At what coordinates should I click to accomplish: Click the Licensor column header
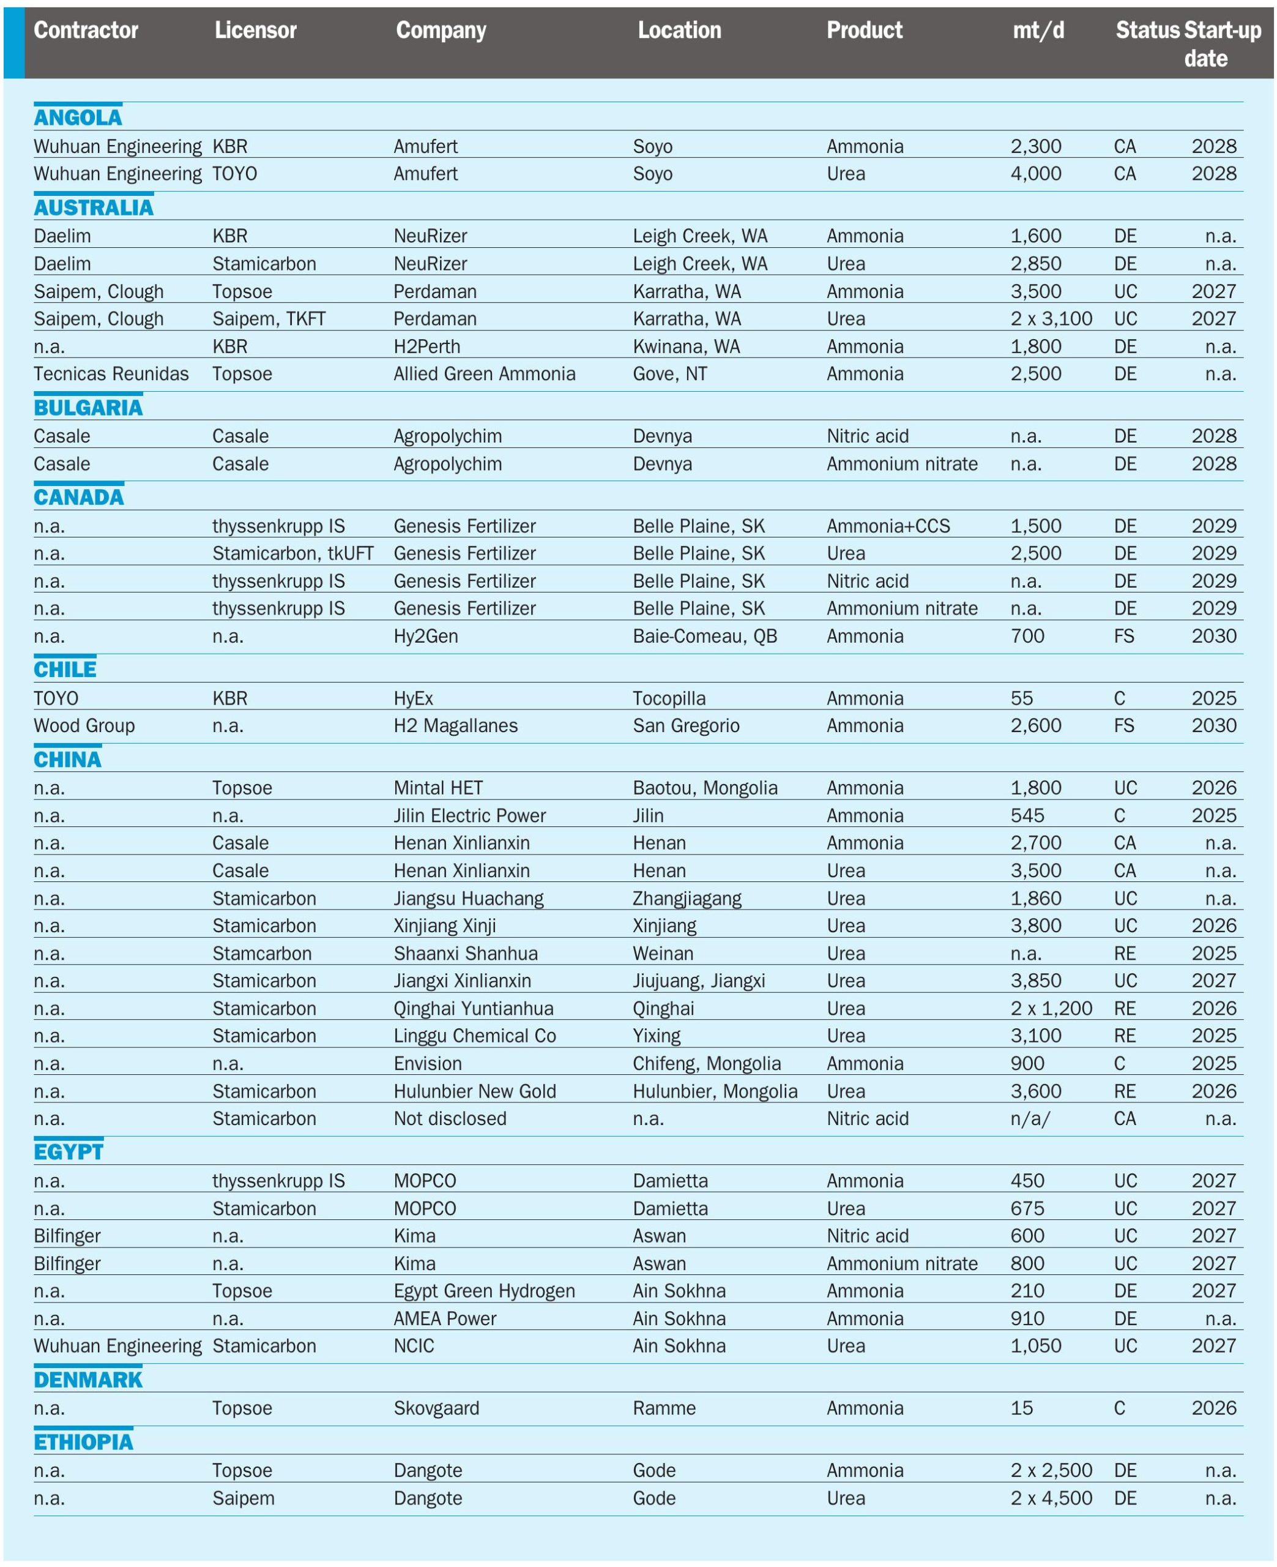[x=255, y=30]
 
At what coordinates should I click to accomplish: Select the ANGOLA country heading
[x=78, y=118]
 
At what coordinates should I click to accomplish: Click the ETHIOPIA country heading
[x=83, y=1441]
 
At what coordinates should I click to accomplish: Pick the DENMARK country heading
[x=87, y=1378]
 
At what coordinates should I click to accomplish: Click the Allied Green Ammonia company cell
[x=484, y=374]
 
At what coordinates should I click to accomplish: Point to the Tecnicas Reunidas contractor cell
[x=111, y=374]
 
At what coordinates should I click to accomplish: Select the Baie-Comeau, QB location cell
[x=705, y=635]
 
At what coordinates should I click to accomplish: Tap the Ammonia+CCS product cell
[x=888, y=526]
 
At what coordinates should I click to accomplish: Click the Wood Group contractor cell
[x=84, y=725]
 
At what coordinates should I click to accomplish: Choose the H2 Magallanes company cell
[x=455, y=725]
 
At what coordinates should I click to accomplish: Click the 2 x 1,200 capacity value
[x=1051, y=1008]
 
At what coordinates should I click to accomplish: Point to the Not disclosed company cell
[x=450, y=1118]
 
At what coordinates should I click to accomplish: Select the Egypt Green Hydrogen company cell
[x=484, y=1290]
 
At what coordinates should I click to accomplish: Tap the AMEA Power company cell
[x=444, y=1318]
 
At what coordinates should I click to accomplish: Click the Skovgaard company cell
[x=436, y=1408]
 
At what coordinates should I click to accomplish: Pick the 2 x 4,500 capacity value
[x=1051, y=1498]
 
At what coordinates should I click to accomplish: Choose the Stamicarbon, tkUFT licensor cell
[x=292, y=553]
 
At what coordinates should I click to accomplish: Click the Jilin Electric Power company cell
[x=469, y=815]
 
